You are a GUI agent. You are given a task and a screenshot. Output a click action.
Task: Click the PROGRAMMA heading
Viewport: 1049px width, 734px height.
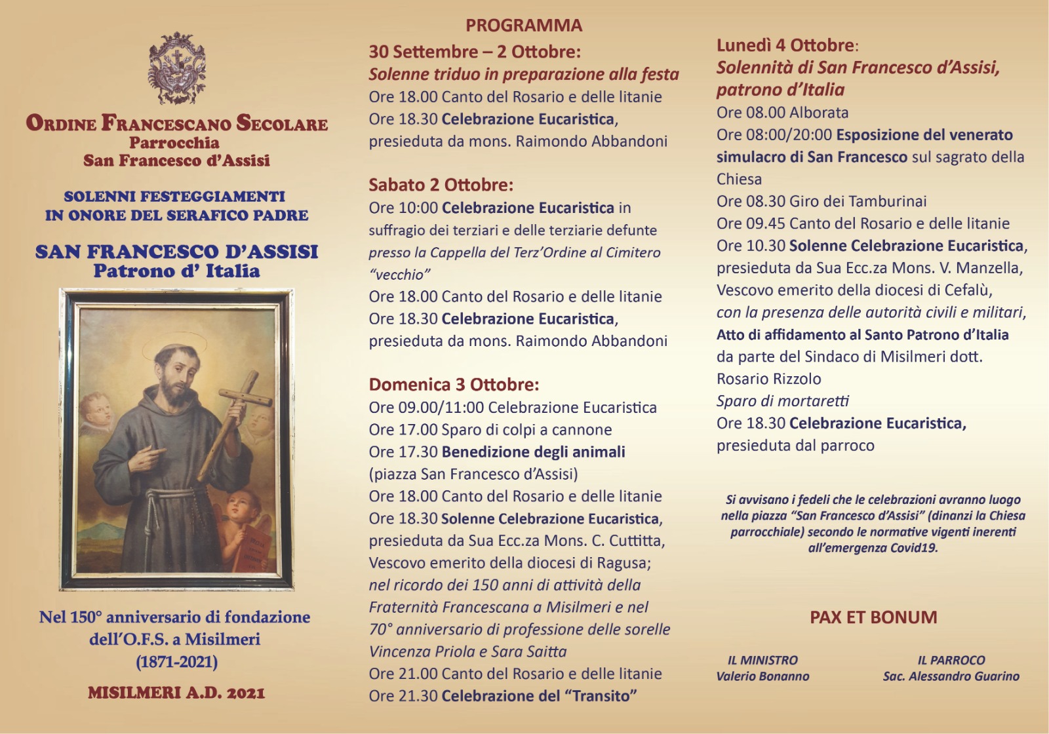[x=524, y=26]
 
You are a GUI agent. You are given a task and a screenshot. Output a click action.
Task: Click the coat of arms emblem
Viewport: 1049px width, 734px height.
[x=177, y=68]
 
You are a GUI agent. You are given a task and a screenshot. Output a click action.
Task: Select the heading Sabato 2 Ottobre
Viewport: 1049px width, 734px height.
[x=441, y=185]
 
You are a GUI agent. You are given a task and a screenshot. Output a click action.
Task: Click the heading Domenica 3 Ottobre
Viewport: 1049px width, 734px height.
[x=454, y=385]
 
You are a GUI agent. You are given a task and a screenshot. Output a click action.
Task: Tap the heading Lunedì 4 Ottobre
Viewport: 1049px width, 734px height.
[x=785, y=46]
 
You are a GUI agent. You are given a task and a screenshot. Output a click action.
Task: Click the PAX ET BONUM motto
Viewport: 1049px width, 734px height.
[x=873, y=617]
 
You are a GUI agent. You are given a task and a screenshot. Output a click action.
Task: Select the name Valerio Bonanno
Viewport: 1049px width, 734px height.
[x=762, y=676]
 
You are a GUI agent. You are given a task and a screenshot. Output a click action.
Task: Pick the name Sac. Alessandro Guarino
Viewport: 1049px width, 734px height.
[x=951, y=676]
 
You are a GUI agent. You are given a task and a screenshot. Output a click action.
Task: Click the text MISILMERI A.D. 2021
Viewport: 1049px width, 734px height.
[x=176, y=693]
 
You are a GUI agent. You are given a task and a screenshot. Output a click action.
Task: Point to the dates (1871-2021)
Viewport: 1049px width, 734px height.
[x=176, y=662]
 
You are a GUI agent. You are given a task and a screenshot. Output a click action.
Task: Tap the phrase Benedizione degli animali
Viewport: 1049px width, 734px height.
[x=533, y=452]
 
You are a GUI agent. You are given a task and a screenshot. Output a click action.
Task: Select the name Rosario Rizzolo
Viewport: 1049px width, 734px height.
[x=768, y=379]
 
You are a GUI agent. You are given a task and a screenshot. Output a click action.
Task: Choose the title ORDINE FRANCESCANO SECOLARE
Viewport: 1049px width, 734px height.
[x=177, y=123]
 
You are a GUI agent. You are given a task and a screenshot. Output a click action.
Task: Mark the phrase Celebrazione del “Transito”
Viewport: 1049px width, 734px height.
[x=539, y=696]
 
